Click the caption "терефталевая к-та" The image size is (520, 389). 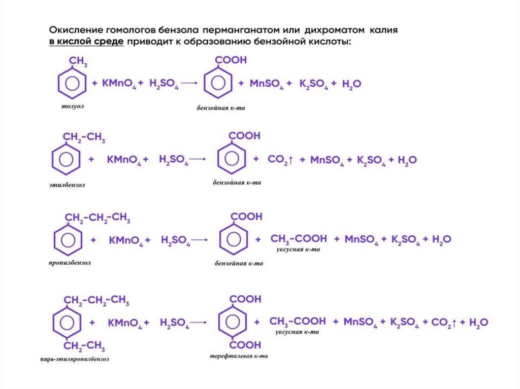coord(239,356)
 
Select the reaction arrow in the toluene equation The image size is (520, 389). coord(189,84)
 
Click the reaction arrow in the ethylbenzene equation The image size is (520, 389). coord(198,160)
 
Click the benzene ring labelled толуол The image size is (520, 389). coord(72,84)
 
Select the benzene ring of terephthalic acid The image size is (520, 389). coord(233,322)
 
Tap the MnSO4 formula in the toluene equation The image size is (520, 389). coord(267,84)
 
